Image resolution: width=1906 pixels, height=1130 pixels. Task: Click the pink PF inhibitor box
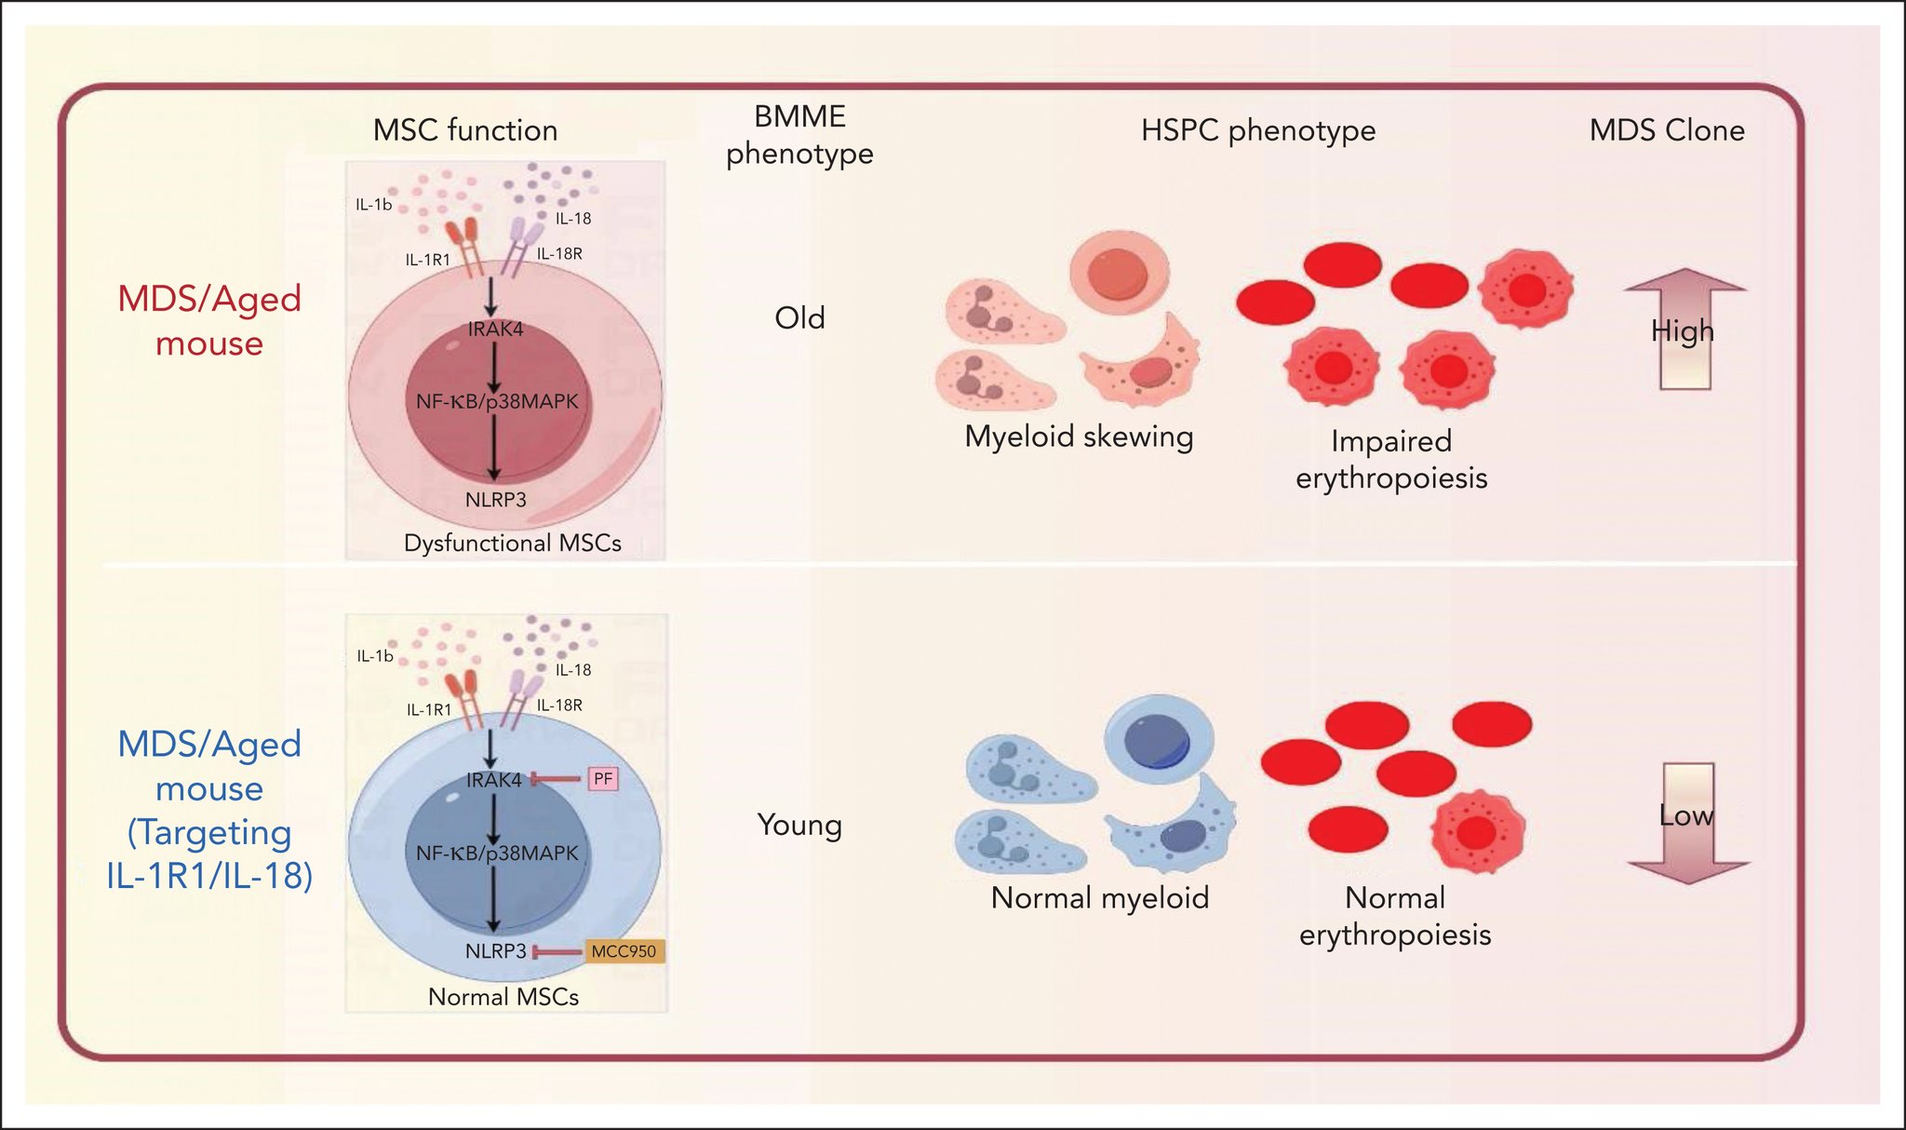[603, 778]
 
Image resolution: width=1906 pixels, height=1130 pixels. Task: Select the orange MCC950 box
[624, 951]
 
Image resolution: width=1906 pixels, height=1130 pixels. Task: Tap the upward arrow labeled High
[1685, 328]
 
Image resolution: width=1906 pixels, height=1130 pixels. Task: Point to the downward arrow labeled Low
[1688, 823]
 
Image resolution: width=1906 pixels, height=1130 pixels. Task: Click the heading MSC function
[465, 130]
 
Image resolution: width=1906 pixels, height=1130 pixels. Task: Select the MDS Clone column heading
[1667, 130]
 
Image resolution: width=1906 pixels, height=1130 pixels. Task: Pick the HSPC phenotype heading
[1258, 131]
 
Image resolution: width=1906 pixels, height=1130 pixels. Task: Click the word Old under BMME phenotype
[799, 318]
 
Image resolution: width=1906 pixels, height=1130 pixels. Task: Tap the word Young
[799, 826]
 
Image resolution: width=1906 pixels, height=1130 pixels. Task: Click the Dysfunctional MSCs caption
[513, 543]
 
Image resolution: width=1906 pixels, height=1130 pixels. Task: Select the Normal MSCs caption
[503, 997]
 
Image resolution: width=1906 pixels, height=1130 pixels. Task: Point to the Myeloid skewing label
[1079, 437]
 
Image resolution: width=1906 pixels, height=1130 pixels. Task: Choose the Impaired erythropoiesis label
[1391, 459]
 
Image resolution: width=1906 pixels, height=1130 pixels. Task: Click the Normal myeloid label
[1100, 898]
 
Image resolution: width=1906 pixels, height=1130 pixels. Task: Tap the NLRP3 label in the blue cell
[496, 951]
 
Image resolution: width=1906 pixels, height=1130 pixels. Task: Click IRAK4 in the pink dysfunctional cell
[495, 329]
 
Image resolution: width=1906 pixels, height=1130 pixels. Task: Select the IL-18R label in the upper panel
[559, 253]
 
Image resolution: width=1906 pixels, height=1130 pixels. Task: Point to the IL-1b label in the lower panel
[375, 656]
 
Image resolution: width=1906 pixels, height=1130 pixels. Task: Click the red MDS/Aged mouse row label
[209, 321]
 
